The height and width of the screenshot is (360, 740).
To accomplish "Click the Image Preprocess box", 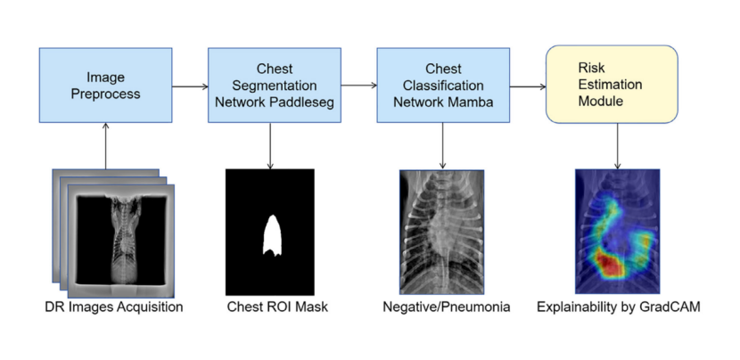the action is (x=105, y=85).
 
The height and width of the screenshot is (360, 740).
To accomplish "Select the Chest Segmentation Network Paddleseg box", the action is (x=275, y=85).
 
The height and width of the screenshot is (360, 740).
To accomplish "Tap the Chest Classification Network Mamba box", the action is (x=443, y=85).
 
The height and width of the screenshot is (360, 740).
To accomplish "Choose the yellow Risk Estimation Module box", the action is (x=612, y=85).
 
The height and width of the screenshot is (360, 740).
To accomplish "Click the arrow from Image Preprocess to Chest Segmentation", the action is (x=190, y=86).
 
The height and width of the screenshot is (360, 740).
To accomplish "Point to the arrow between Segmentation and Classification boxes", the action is (x=359, y=86).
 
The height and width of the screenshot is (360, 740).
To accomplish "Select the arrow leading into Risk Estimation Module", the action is (x=528, y=86).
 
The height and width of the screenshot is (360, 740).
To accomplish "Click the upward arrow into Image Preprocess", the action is (x=105, y=146).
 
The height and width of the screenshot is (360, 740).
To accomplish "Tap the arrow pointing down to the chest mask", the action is (x=270, y=146).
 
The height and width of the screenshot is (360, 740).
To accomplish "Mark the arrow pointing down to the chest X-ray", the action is (x=442, y=146).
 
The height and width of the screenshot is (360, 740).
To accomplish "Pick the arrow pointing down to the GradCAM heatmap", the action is (x=617, y=146).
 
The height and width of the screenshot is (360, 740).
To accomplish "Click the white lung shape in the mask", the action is (x=272, y=235).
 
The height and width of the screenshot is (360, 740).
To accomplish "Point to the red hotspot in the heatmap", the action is (x=610, y=263).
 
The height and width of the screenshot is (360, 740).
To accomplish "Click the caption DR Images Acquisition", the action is (x=114, y=307).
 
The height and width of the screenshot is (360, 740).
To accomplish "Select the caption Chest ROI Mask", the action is (x=277, y=307).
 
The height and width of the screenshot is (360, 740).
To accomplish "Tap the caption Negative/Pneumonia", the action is (x=447, y=307).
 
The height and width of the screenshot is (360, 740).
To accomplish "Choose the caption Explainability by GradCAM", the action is (x=619, y=307).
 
